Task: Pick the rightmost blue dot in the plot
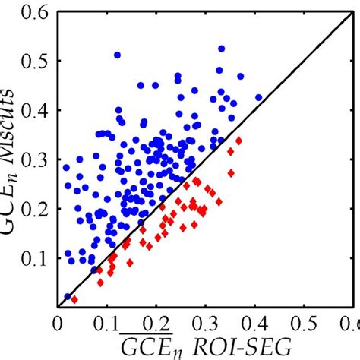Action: coord(258,97)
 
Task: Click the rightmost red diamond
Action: coord(239,141)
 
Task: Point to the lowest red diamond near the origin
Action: coord(74,300)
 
